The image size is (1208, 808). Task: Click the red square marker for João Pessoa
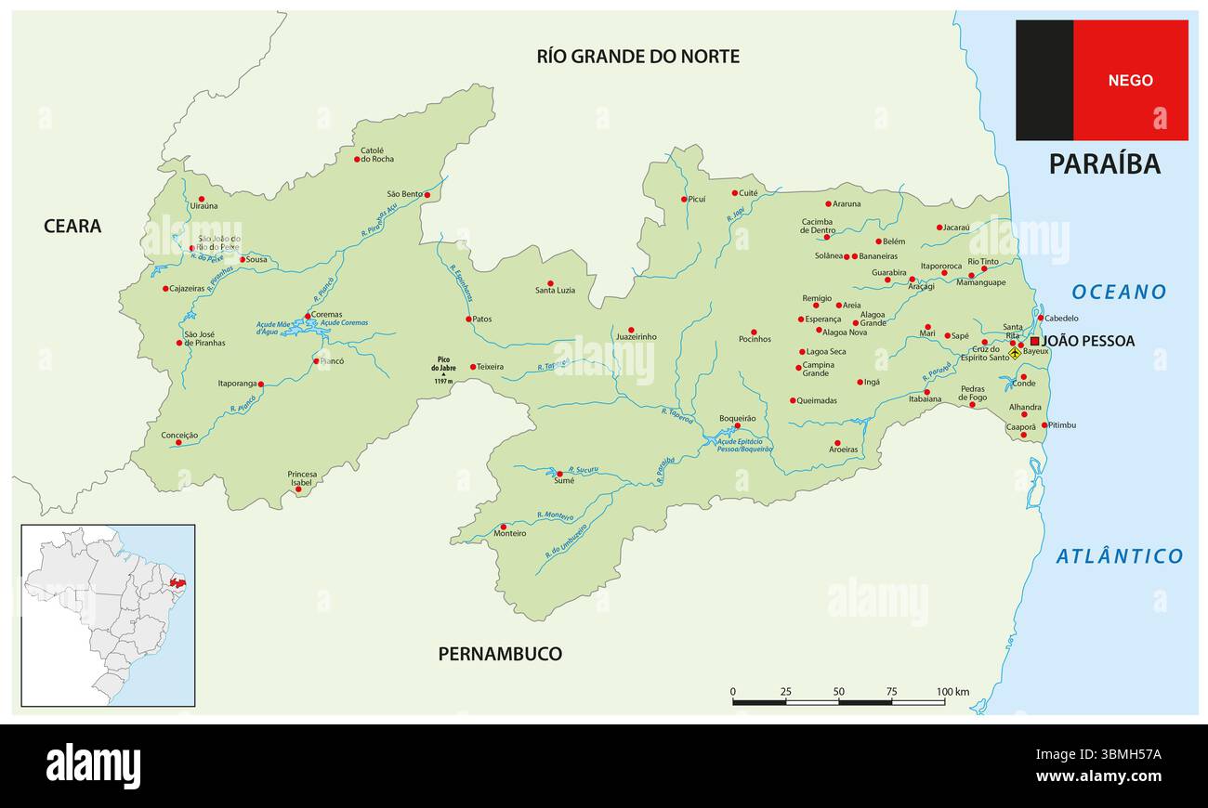click(x=1034, y=341)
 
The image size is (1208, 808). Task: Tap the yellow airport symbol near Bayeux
click(x=1015, y=353)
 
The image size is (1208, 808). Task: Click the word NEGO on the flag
click(x=1130, y=81)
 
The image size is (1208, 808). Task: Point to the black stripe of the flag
click(x=1044, y=81)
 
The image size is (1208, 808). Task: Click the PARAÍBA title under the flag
click(x=1104, y=163)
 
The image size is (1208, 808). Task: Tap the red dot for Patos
click(x=469, y=319)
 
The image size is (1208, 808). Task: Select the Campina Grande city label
click(x=818, y=369)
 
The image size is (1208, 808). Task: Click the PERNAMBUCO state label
click(x=500, y=654)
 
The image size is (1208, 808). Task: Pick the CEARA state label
click(x=72, y=226)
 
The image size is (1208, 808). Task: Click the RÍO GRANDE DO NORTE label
click(x=637, y=57)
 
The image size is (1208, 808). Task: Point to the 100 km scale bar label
click(x=952, y=692)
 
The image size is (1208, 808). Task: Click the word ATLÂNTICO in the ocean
click(x=1119, y=556)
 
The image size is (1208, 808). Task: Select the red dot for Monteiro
click(x=504, y=527)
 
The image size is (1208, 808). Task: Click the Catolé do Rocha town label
click(x=372, y=154)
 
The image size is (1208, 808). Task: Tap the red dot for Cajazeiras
click(x=166, y=289)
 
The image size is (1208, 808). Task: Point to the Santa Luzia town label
click(x=555, y=291)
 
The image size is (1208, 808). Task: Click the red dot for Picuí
click(x=684, y=199)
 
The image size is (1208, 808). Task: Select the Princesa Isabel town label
click(x=302, y=478)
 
